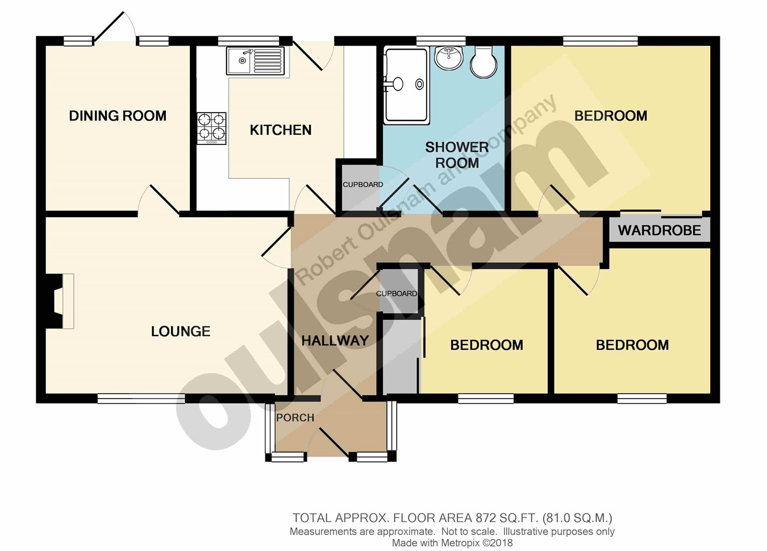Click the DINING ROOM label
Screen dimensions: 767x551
point(118,116)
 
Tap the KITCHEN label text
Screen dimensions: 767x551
point(281,130)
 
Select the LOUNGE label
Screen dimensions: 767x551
point(181,332)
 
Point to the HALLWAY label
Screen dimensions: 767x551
point(335,340)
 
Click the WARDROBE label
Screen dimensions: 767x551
point(660,230)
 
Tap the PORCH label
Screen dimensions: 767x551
point(295,418)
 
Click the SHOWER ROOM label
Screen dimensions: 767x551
point(457,155)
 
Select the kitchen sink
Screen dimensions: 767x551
point(255,61)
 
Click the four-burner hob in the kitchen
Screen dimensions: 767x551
point(211,128)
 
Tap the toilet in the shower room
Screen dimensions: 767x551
point(483,61)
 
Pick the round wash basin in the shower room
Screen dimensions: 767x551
point(449,57)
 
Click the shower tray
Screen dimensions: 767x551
point(406,86)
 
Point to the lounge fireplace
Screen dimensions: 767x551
point(56,301)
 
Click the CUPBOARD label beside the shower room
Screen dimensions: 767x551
point(363,185)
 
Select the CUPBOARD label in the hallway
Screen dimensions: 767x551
point(397,293)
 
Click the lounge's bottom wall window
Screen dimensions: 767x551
point(141,398)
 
